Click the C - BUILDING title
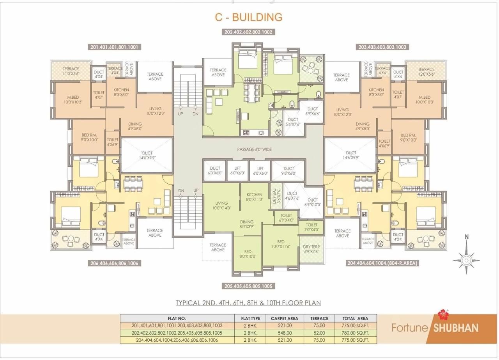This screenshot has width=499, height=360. [248, 17]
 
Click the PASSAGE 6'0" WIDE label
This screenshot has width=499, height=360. [254, 149]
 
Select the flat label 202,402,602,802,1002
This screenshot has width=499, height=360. [248, 32]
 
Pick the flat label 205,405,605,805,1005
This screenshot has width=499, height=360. [248, 286]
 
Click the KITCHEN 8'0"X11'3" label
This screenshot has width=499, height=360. [254, 197]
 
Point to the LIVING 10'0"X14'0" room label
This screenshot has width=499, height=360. [221, 206]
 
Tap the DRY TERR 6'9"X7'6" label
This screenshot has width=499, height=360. [311, 249]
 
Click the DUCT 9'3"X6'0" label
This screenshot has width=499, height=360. [288, 171]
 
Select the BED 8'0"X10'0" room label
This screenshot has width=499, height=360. [248, 254]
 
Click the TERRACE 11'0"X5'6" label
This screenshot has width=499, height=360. [71, 71]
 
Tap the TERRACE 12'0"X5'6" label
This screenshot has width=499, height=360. [426, 72]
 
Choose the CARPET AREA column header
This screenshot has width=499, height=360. [284, 318]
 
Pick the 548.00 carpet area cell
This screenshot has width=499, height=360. [284, 333]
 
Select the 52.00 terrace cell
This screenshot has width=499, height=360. [319, 333]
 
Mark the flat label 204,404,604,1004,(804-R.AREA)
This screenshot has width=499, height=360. [382, 263]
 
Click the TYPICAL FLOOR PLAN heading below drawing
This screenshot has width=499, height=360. [248, 303]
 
